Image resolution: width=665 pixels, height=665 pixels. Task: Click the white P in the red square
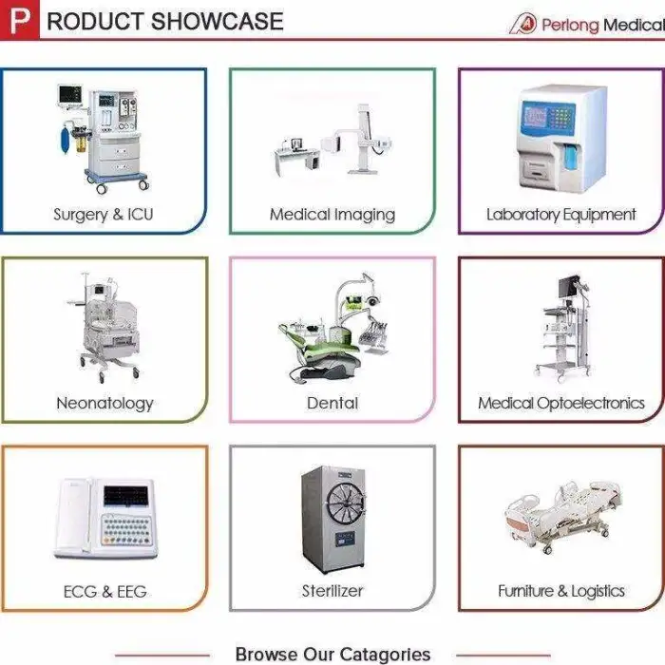[x=20, y=20]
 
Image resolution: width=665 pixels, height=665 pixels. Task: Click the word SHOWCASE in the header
[x=217, y=21]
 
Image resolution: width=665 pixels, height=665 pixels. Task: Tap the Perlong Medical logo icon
[x=522, y=24]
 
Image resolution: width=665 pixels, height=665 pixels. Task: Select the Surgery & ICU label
[x=103, y=215]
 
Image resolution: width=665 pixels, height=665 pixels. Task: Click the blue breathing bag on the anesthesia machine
[x=66, y=139]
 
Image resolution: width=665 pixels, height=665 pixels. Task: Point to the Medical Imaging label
[x=332, y=215]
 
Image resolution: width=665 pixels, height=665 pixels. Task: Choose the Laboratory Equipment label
[x=561, y=215]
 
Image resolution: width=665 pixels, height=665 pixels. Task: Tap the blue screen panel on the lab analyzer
[x=535, y=115]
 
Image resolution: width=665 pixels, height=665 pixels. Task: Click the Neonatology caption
[x=104, y=404]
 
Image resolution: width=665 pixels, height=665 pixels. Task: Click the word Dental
[x=332, y=403]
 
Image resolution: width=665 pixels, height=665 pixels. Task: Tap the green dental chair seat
[x=322, y=348]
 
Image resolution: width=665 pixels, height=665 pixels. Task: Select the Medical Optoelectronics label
[x=561, y=404]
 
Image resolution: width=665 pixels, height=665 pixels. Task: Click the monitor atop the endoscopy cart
[x=569, y=287]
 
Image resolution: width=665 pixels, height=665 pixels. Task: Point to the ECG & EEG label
[x=105, y=592]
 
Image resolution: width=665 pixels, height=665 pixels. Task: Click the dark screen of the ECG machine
[x=126, y=496]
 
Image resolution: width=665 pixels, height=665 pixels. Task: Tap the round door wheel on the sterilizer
[x=346, y=503]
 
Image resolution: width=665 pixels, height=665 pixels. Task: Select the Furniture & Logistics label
[x=561, y=591]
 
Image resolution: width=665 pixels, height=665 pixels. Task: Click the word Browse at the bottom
[x=265, y=654]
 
